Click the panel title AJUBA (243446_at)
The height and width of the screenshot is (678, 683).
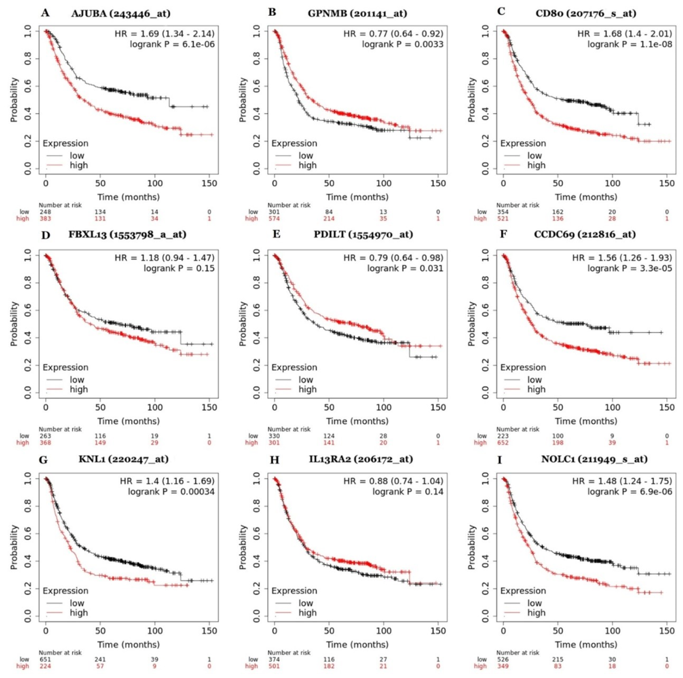pos(121,14)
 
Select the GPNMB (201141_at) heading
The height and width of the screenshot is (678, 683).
pos(357,14)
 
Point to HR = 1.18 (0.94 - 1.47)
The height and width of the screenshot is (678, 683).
pos(164,258)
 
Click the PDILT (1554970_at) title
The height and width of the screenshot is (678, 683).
pos(363,234)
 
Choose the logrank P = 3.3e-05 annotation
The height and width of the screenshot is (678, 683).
pos(630,268)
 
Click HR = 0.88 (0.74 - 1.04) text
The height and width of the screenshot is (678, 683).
pos(393,481)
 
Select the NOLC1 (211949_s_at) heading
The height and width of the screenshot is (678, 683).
pos(594,459)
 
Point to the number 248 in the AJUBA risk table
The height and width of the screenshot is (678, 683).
pos(45,212)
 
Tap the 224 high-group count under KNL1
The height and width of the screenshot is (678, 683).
pos(45,666)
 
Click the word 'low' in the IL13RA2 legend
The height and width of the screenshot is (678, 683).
pos(306,603)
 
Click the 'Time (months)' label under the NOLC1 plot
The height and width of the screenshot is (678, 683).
pos(586,645)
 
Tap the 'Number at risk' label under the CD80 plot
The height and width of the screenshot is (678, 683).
pos(517,205)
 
